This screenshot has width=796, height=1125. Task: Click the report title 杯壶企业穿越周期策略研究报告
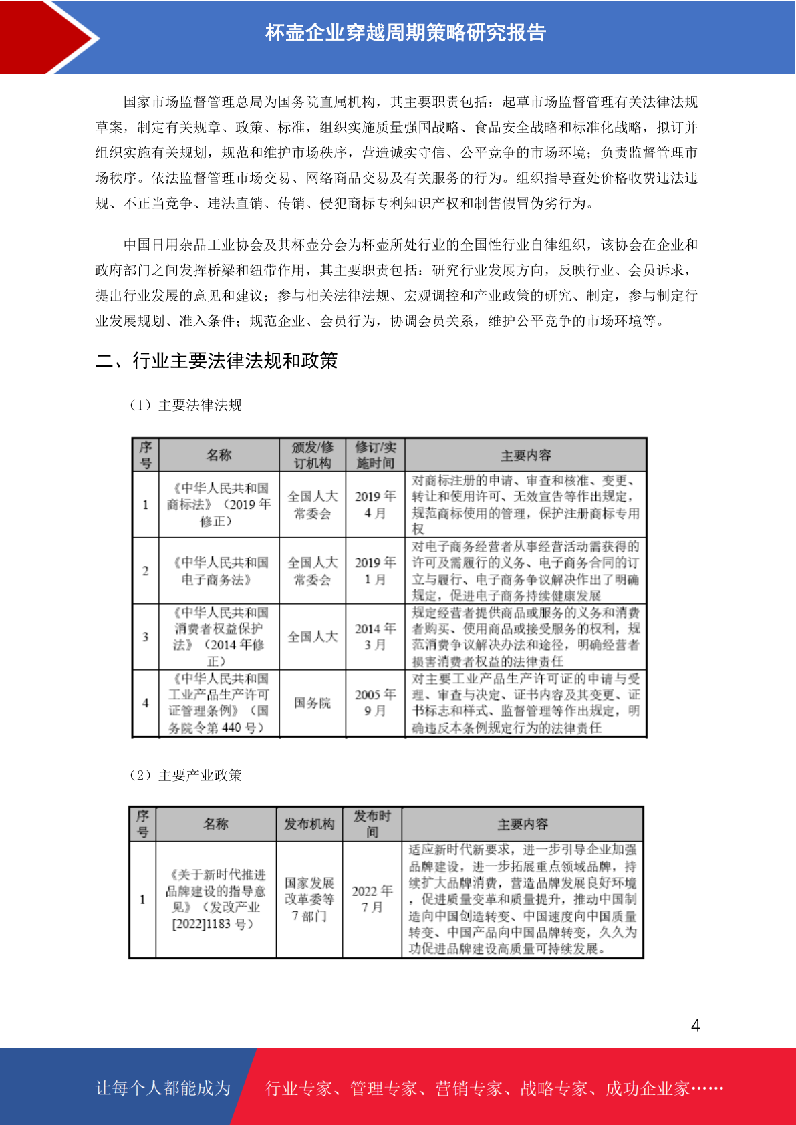406,33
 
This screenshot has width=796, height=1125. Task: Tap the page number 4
696,1025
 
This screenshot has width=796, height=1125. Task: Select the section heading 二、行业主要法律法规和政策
217,361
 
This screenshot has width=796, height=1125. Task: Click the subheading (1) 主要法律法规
186,406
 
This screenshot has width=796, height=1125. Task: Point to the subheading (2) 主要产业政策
186,775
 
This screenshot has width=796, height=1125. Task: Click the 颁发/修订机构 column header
312,455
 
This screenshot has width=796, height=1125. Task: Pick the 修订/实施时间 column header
375,455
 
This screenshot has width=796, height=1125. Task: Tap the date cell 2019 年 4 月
375,504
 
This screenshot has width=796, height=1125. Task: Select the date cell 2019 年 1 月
375,571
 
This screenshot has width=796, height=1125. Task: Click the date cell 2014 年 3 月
375,637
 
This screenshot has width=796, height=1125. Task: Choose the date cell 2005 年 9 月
375,703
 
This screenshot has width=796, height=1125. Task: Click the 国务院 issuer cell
312,703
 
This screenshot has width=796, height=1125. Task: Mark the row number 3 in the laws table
145,637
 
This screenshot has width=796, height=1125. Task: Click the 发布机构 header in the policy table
309,824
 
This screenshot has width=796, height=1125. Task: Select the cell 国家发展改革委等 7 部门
309,899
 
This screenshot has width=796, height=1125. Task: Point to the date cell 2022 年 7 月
372,899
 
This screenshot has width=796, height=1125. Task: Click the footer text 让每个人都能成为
163,1088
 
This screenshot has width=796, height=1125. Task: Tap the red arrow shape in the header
47,37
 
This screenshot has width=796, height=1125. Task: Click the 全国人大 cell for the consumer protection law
312,637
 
